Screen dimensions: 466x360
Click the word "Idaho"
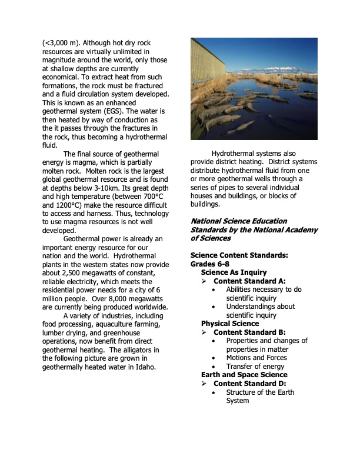tap(142, 368)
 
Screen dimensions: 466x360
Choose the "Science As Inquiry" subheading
tap(234, 272)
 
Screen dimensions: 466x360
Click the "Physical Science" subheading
tap(229, 324)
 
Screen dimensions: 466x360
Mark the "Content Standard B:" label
tap(249, 332)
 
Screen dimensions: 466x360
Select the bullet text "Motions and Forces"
tap(256, 358)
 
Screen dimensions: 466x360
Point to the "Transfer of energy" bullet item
tap(255, 367)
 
